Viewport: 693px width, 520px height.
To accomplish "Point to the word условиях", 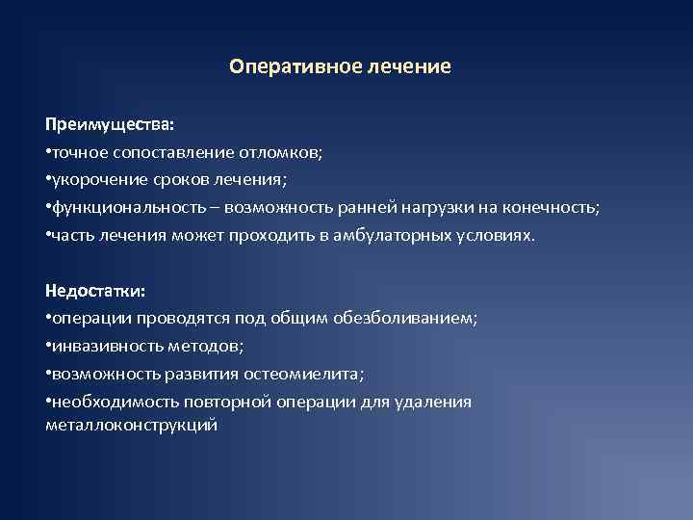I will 498,235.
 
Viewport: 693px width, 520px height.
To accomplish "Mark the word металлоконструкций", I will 131,424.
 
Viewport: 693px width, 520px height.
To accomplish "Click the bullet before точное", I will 48,152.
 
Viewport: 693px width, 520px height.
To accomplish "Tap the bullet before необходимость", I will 48,401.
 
